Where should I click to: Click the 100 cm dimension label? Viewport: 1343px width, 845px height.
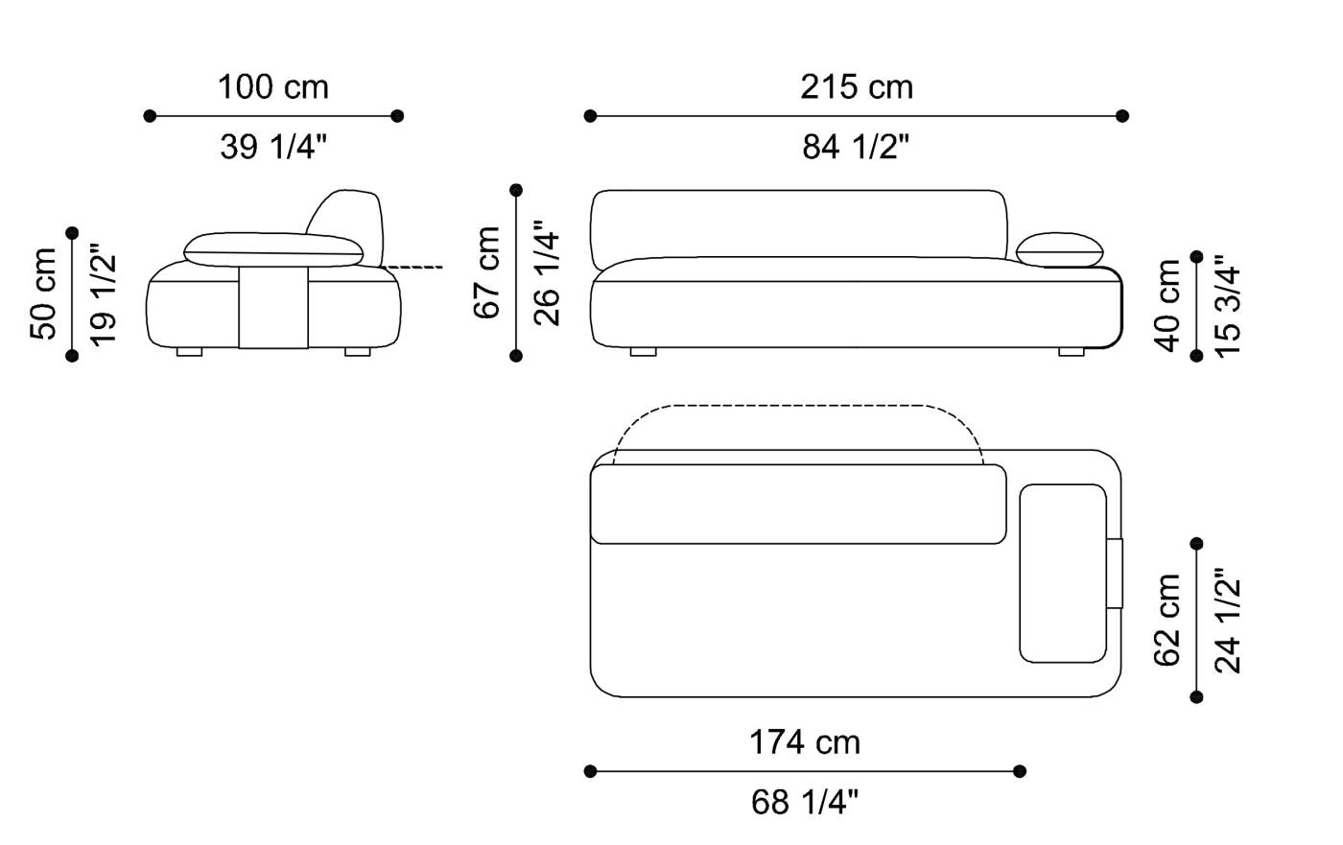(273, 87)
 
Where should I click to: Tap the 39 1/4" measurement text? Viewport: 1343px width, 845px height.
(273, 147)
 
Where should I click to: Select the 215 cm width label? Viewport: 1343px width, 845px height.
(857, 87)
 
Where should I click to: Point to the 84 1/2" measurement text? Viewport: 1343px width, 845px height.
(856, 147)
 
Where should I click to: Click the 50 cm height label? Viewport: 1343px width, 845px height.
(43, 293)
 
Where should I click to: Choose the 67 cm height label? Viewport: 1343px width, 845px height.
(487, 272)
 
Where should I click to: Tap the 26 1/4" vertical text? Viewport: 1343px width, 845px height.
(547, 272)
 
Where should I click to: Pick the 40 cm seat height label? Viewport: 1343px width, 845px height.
(1166, 306)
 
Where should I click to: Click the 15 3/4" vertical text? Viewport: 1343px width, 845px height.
(1227, 306)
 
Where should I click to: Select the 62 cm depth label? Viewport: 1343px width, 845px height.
(1166, 621)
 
